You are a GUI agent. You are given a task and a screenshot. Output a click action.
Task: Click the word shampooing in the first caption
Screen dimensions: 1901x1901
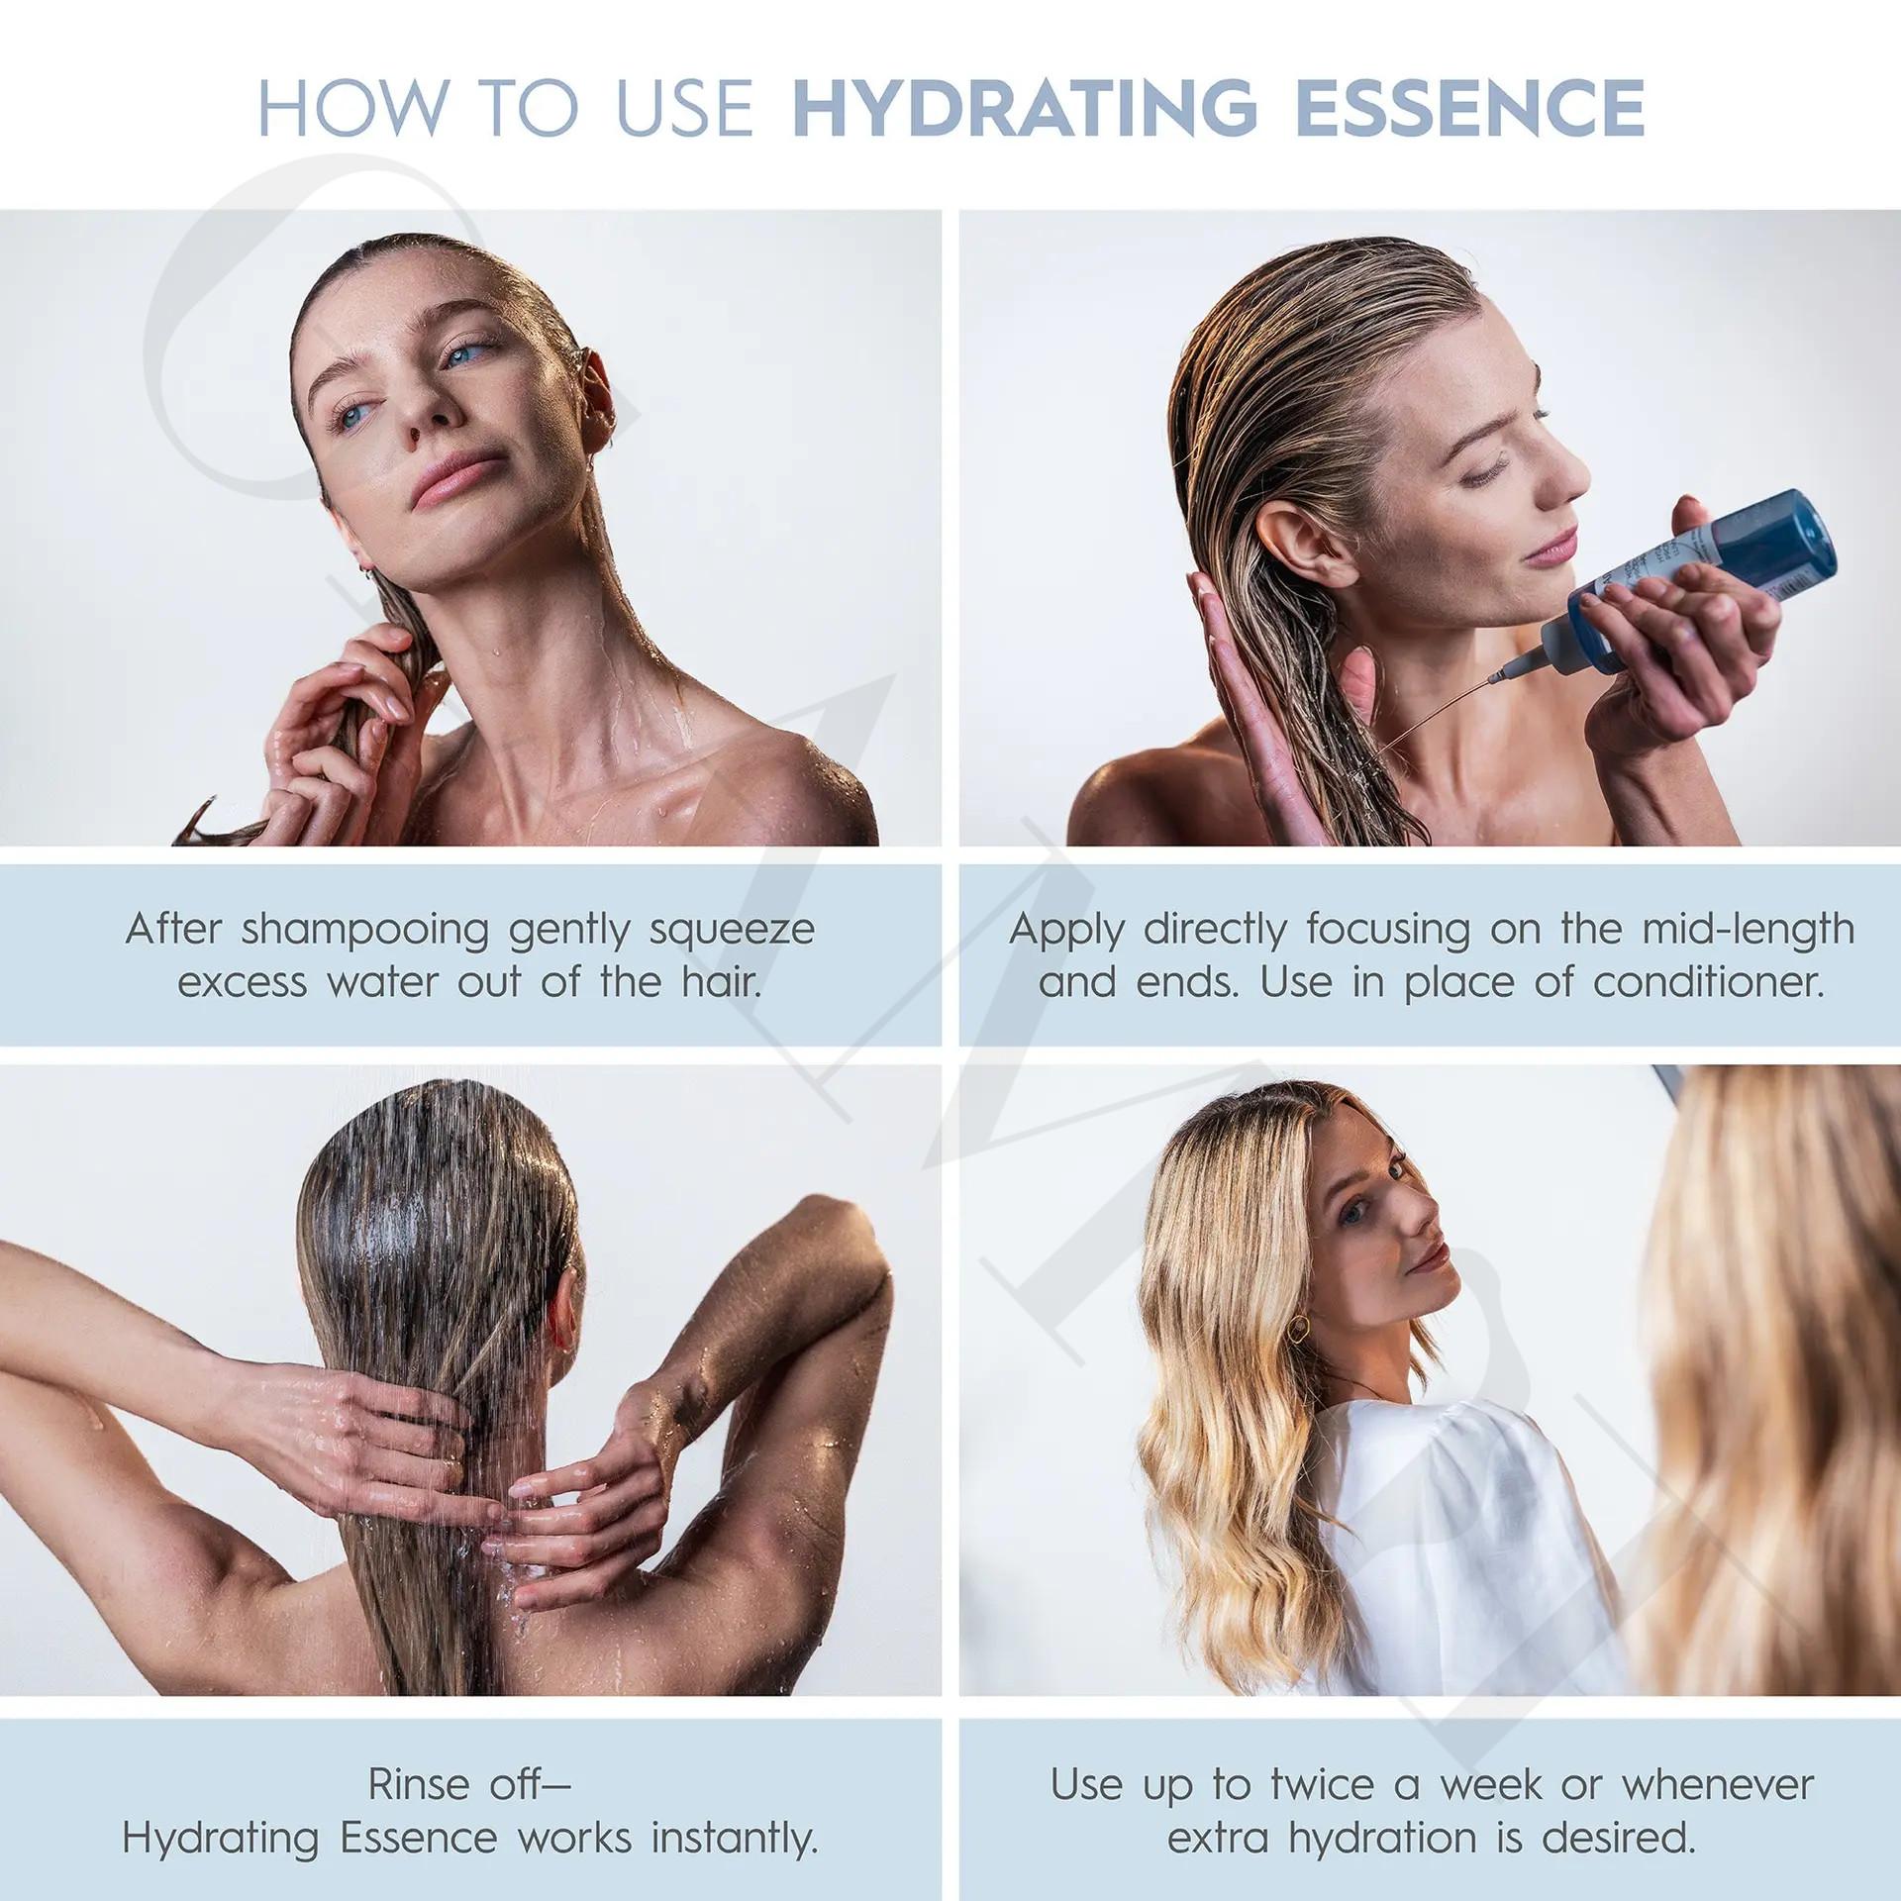click(x=365, y=931)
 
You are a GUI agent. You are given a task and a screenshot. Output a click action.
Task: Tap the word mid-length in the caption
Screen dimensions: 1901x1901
click(x=1749, y=930)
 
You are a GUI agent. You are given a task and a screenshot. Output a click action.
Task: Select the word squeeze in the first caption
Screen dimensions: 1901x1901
click(x=732, y=931)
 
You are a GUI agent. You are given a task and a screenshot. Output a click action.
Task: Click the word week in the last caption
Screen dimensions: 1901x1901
click(x=1490, y=1785)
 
